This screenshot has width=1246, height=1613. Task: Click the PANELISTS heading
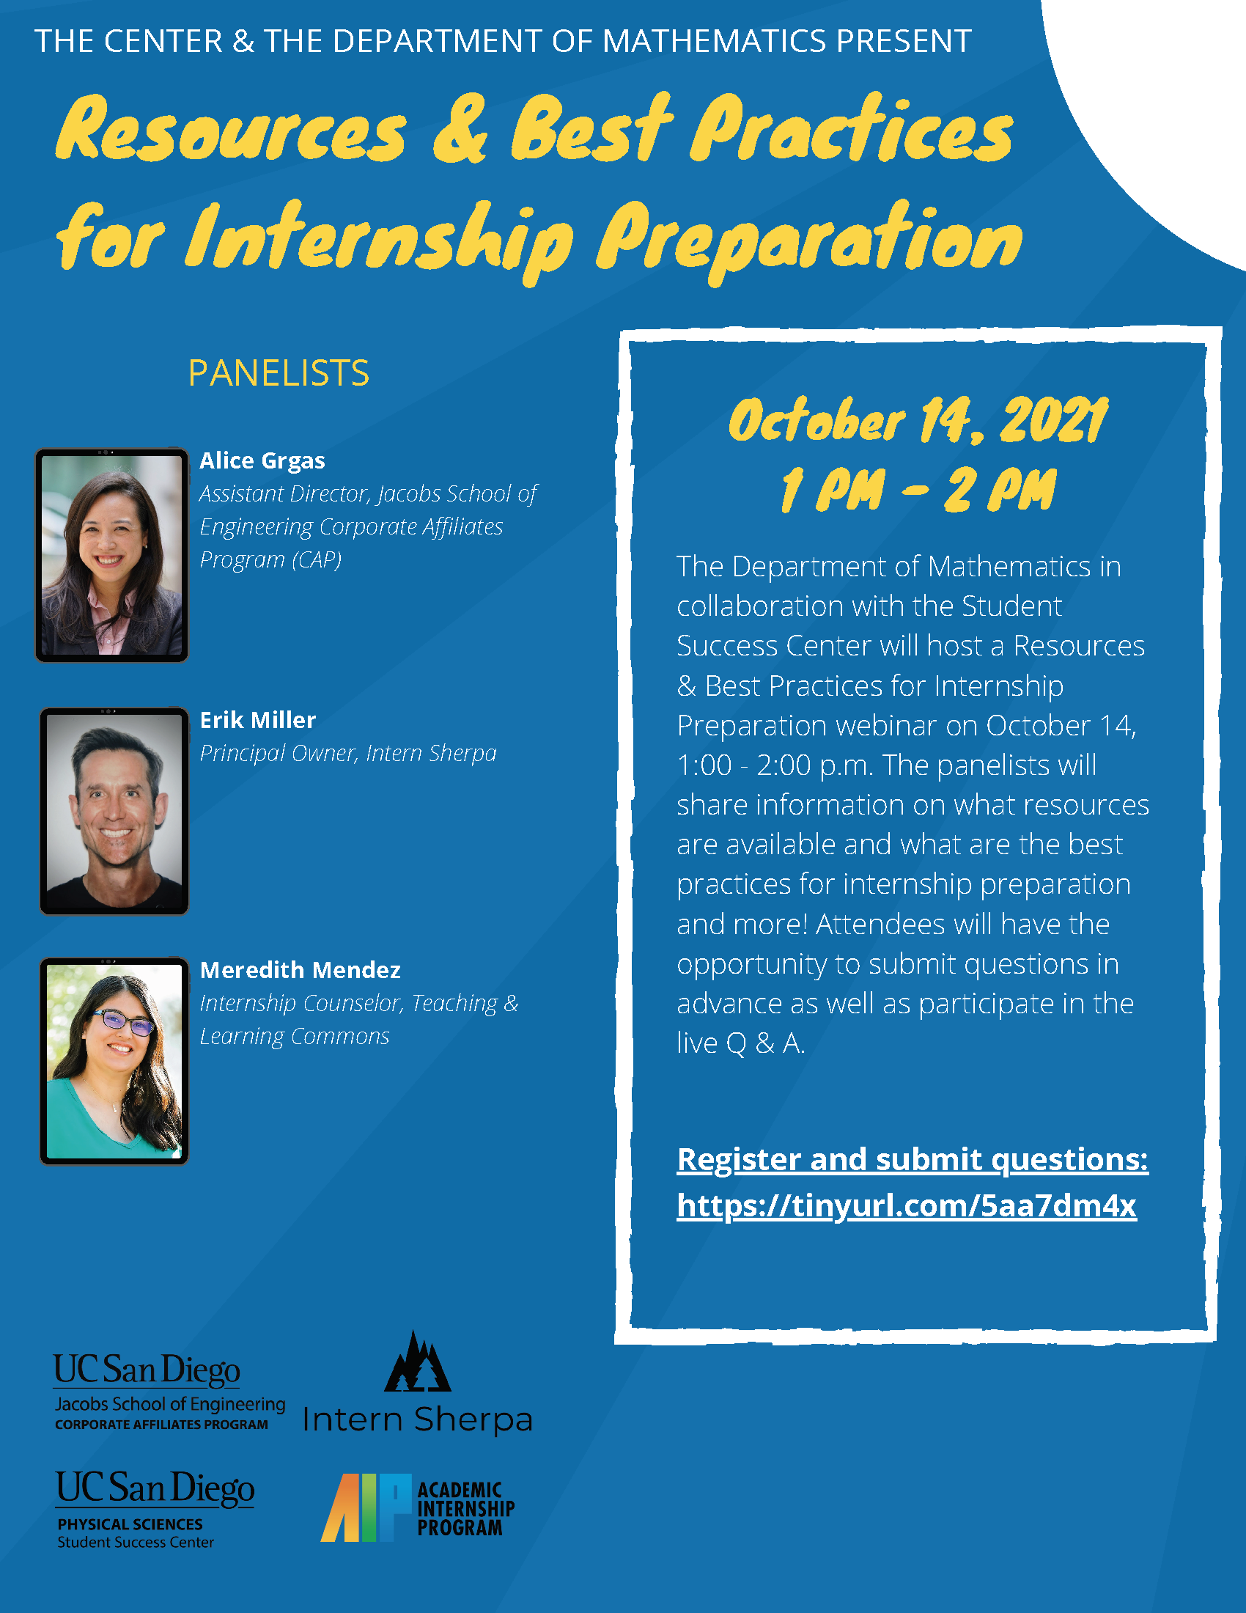click(279, 373)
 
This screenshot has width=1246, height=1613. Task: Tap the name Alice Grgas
click(262, 461)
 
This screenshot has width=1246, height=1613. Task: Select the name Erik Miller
click(257, 720)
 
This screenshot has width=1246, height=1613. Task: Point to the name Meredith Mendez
click(300, 970)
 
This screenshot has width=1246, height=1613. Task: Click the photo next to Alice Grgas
click(111, 555)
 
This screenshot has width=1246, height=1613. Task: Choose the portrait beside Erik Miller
click(114, 811)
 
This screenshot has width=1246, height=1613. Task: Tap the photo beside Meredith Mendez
click(114, 1062)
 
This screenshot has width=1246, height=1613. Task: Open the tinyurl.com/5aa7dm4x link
click(907, 1205)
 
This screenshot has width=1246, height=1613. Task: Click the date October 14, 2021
click(918, 420)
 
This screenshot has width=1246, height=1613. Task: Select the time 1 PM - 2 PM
click(918, 490)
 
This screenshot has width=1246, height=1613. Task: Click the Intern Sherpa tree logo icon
click(417, 1363)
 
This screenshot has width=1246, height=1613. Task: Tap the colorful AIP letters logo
click(366, 1507)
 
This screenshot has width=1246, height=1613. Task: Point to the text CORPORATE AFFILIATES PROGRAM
click(161, 1425)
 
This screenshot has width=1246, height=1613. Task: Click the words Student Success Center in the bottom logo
click(136, 1542)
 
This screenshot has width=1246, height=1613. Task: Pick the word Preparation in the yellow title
click(809, 240)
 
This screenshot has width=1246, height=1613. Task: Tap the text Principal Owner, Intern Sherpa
click(347, 753)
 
